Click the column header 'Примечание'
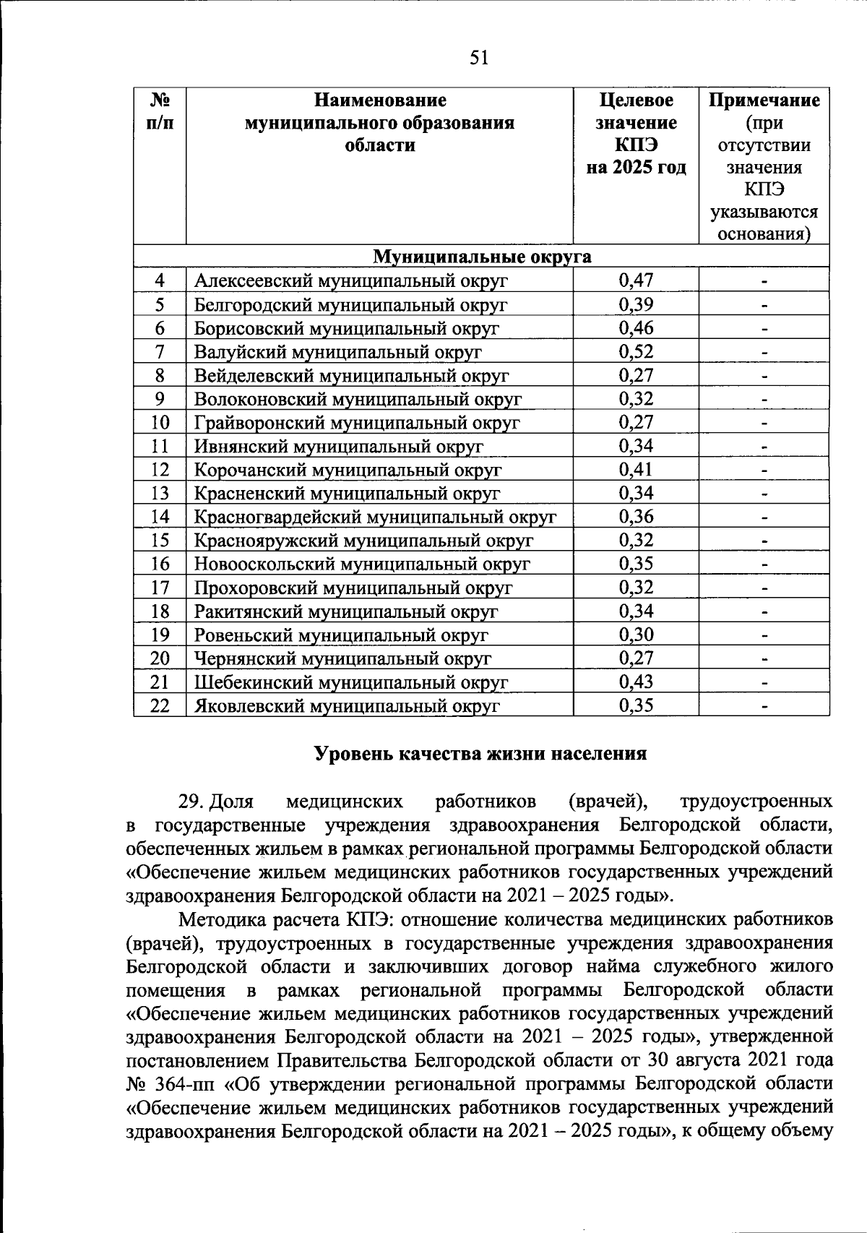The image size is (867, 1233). tap(764, 100)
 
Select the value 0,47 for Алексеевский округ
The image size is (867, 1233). tap(636, 280)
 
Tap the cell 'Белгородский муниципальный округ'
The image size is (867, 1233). tap(350, 304)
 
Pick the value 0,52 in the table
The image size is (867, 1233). tap(636, 352)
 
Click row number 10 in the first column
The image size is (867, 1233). tap(160, 423)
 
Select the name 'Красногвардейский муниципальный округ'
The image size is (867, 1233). tap(375, 517)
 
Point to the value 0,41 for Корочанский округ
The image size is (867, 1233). tap(636, 470)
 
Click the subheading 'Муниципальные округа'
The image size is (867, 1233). tap(481, 257)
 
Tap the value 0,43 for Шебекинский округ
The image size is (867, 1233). tap(636, 682)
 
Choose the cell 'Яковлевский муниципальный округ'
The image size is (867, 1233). tap(347, 706)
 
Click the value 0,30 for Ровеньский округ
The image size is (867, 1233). tap(636, 635)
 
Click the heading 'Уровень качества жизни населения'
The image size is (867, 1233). tap(480, 754)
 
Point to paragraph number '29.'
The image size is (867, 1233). tap(193, 802)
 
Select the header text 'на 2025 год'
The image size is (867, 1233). tap(636, 168)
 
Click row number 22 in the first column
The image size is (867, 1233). tap(160, 706)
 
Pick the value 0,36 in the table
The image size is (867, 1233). tap(636, 517)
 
